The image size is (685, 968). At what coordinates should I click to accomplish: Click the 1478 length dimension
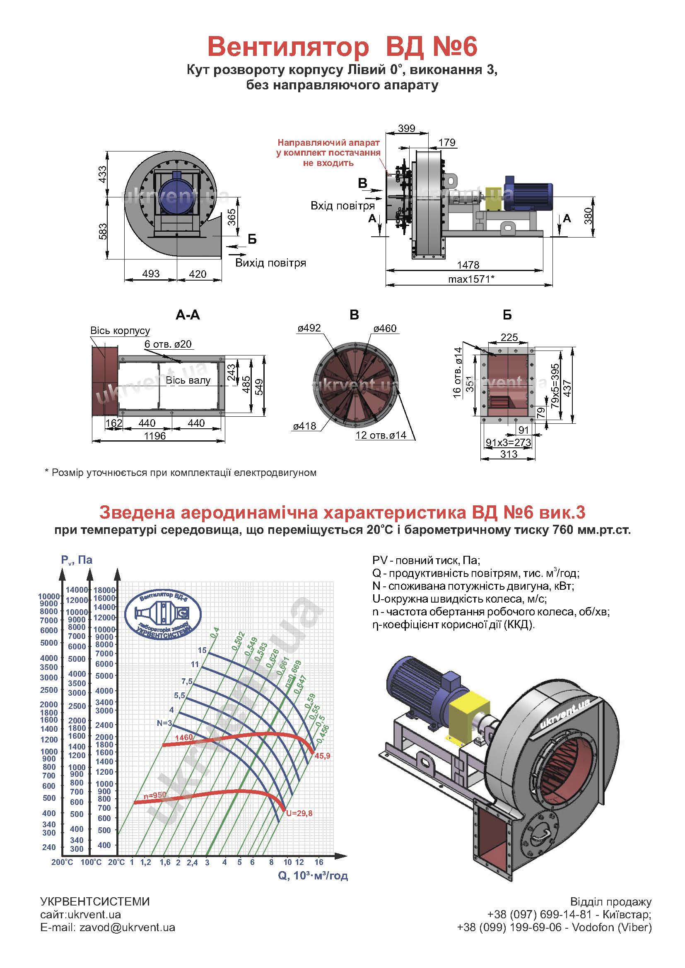click(x=468, y=265)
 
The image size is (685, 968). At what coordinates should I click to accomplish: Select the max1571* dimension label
click(x=471, y=279)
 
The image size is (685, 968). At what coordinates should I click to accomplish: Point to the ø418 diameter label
click(x=304, y=426)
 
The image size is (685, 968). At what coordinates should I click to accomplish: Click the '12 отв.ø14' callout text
click(x=381, y=435)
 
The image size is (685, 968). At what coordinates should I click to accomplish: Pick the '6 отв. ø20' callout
click(x=168, y=344)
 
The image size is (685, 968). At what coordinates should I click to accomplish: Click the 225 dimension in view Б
click(x=509, y=337)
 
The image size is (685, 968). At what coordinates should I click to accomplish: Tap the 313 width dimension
click(x=509, y=454)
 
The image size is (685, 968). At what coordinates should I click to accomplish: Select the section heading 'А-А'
click(x=188, y=315)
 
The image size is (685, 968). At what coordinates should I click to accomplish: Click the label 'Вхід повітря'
click(x=342, y=206)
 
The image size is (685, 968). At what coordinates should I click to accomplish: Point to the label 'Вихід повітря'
click(x=270, y=263)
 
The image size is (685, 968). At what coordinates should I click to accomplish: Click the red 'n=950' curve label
click(x=155, y=795)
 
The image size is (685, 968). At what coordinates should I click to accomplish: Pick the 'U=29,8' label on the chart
click(x=299, y=813)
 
